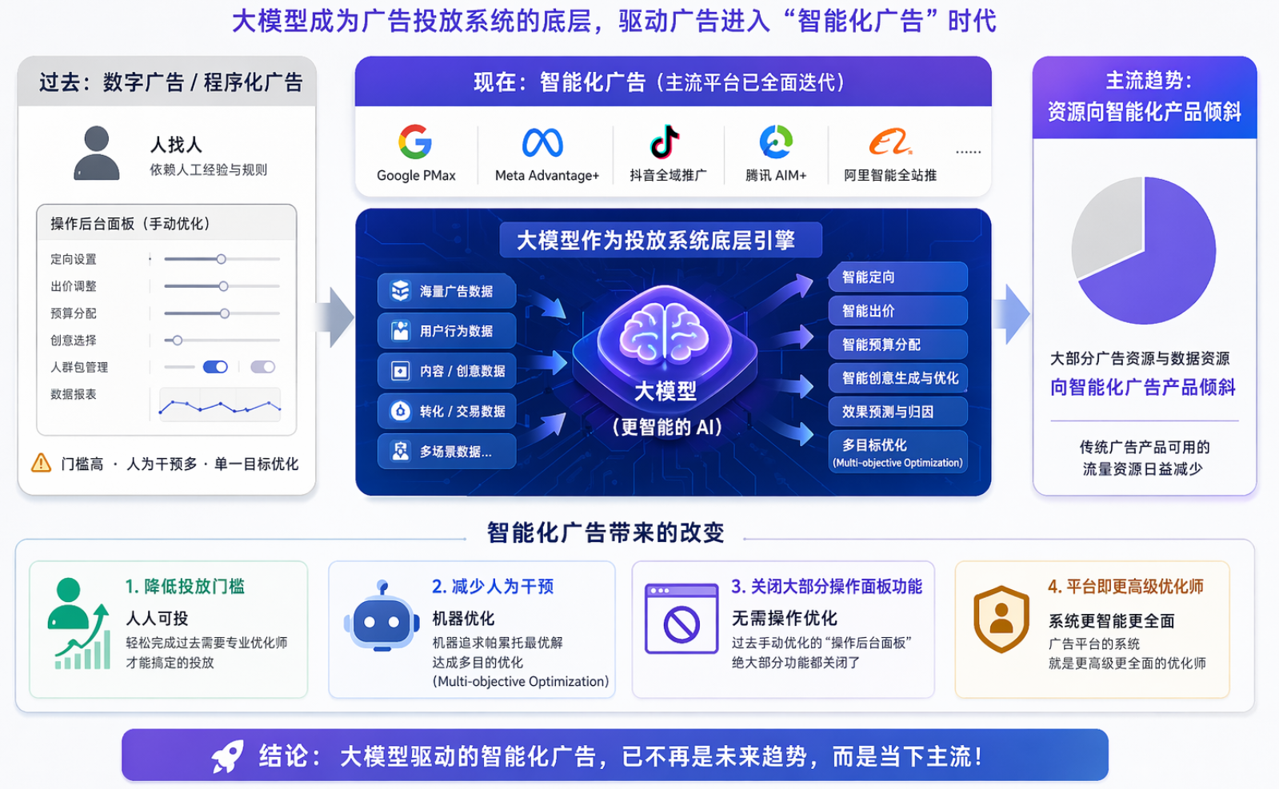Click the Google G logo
click(414, 141)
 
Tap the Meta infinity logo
click(542, 142)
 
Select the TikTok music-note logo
click(665, 141)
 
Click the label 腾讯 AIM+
click(775, 175)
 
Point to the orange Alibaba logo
click(889, 142)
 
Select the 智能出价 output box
click(897, 311)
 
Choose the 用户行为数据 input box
click(446, 331)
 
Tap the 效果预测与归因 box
click(897, 412)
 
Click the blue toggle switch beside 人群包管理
click(215, 367)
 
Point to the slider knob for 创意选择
click(177, 341)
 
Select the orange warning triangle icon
click(41, 463)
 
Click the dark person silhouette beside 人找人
click(97, 153)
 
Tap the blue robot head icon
click(382, 618)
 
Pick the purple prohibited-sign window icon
click(681, 619)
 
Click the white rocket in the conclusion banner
click(228, 756)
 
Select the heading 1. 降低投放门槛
click(185, 587)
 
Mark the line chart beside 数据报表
click(220, 405)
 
